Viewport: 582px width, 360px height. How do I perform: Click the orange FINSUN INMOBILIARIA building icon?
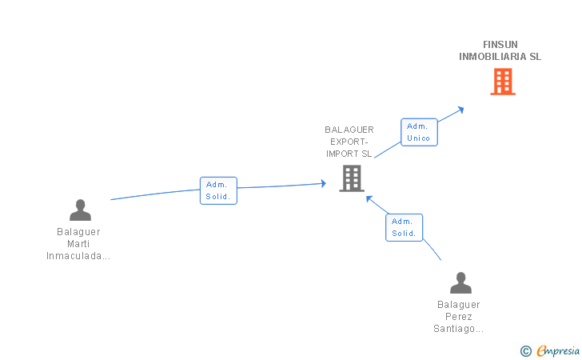pos(502,82)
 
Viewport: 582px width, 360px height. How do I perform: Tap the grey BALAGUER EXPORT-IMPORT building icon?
pos(352,178)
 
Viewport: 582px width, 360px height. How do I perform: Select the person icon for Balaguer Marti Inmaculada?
pos(80,210)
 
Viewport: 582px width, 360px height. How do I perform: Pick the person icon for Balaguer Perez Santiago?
pos(460,282)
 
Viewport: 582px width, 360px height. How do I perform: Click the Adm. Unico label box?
pos(419,132)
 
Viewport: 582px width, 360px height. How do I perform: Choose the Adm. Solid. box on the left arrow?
pos(218,190)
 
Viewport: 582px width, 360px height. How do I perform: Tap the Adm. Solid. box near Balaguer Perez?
pos(404,227)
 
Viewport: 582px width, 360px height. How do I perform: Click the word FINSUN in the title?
pos(500,45)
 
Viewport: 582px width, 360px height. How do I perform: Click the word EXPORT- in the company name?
pos(349,142)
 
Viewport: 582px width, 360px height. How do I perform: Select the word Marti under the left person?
pos(78,244)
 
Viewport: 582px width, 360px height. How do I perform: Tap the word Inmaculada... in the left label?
pos(78,256)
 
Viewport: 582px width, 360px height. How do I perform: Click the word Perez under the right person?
pos(460,317)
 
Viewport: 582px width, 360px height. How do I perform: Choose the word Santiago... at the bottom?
pos(459,329)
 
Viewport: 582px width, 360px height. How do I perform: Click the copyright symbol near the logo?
pos(525,350)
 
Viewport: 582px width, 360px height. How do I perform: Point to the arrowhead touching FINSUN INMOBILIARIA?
pos(460,109)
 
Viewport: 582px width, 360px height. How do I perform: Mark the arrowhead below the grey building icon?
pos(369,198)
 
